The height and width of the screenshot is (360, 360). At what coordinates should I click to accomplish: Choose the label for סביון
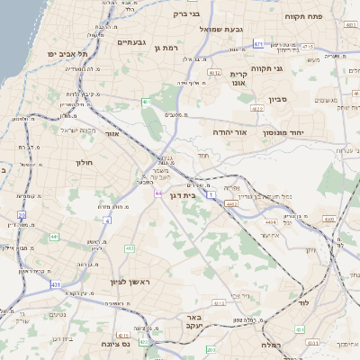coord(276,100)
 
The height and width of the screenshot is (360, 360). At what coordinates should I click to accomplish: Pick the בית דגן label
coord(183,194)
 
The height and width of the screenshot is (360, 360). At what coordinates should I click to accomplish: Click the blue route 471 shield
coord(258,43)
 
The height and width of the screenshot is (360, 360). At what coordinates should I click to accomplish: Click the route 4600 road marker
coord(329,219)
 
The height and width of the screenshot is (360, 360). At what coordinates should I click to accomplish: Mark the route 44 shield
coord(157,193)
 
